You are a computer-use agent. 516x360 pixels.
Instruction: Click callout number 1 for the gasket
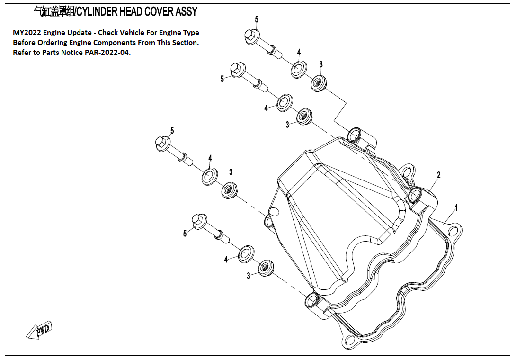coord(456,207)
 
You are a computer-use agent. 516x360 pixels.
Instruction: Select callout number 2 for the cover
coord(439,175)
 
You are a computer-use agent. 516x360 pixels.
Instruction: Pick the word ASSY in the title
coord(185,11)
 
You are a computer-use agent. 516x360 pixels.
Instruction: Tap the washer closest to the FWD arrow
coord(246,254)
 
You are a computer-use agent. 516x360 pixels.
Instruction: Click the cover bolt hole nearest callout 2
coord(416,194)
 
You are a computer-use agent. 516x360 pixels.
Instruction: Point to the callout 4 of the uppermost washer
coord(299,52)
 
